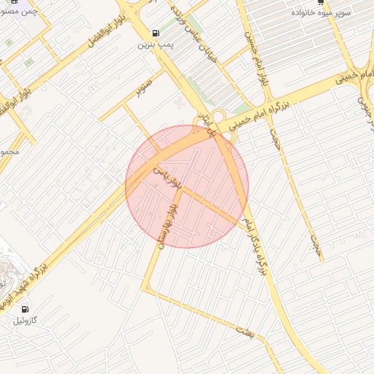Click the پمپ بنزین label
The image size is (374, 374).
(154, 45)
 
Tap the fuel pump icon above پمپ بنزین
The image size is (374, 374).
(155, 33)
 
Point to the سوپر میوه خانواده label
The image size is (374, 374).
(323, 13)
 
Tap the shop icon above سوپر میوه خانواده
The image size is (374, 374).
(321, 3)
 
